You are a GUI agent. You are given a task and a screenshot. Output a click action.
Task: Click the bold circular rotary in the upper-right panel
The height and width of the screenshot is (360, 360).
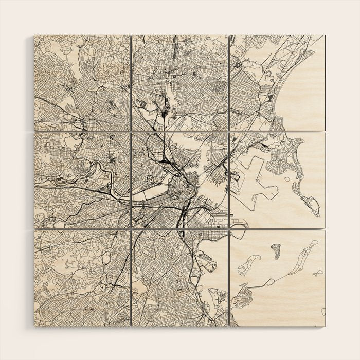click(238, 65)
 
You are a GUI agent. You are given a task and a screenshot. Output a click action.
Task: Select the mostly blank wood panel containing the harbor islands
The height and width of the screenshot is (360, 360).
click(277, 278)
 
